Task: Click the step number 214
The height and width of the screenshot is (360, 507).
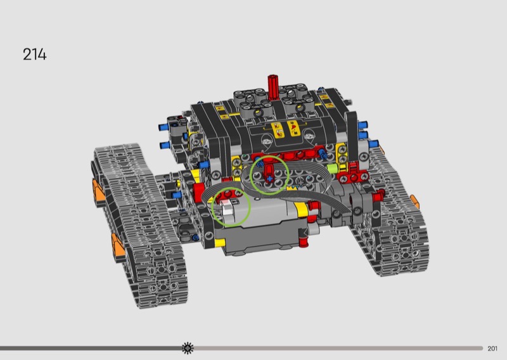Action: pos(35,55)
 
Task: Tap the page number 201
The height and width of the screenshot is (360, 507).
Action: pos(492,349)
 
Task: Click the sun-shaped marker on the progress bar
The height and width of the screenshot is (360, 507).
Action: pos(188,348)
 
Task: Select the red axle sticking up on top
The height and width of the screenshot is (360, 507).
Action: pos(273,86)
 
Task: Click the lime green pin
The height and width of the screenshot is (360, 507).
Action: pos(331,168)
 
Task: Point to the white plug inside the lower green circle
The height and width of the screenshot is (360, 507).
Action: pos(228,207)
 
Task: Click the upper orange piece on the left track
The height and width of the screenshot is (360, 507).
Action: pos(98,191)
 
